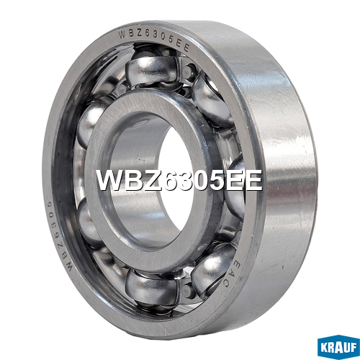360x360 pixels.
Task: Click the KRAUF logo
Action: click(x=338, y=347)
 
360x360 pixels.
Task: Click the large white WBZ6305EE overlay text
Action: click(x=179, y=180)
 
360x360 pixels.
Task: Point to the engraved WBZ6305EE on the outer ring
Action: click(x=154, y=40)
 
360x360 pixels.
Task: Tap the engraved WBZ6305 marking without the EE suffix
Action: click(x=58, y=236)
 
